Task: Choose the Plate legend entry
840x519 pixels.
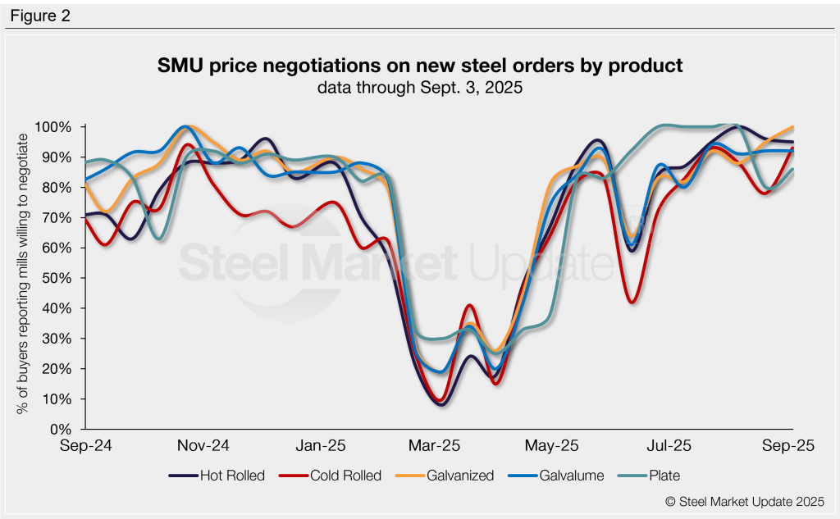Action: tap(663, 476)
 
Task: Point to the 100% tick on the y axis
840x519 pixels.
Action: tap(54, 127)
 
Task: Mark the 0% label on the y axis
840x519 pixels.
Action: tap(61, 430)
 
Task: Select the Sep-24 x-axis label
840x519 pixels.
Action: tap(86, 446)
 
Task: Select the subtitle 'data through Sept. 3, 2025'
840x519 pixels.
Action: tap(420, 87)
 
